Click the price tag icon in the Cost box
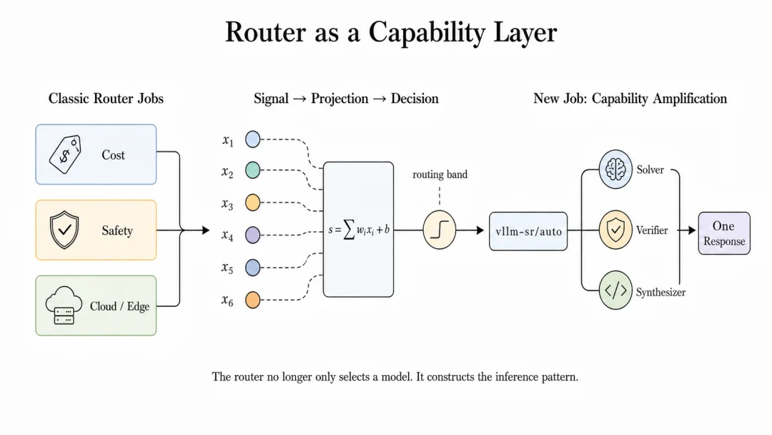point(65,155)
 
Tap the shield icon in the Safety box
point(64,230)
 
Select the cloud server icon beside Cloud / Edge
point(64,306)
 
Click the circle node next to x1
point(252,140)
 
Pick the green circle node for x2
point(252,170)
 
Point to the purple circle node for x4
point(252,235)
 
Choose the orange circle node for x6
point(252,300)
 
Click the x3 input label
point(227,203)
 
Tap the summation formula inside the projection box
point(358,230)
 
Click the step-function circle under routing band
point(439,230)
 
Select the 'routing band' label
point(440,175)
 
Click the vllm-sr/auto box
point(528,232)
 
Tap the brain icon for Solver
point(615,170)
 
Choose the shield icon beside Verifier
point(615,230)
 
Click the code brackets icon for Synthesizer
point(615,290)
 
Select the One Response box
point(724,233)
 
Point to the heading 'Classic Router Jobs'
point(106,99)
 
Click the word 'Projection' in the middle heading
point(340,99)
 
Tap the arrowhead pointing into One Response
point(692,230)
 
